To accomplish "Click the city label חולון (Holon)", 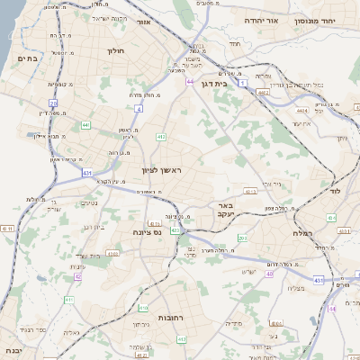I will pyautogui.click(x=116, y=51).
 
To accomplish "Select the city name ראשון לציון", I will pyautogui.click(x=161, y=170).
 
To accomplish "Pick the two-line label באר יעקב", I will pyautogui.click(x=225, y=211).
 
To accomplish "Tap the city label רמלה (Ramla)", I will pyautogui.click(x=302, y=233).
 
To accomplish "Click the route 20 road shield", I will pyautogui.click(x=53, y=103).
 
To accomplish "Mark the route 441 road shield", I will pyautogui.click(x=85, y=125).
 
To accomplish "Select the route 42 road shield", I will pyautogui.click(x=77, y=276).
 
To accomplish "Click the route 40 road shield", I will pyautogui.click(x=269, y=260).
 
